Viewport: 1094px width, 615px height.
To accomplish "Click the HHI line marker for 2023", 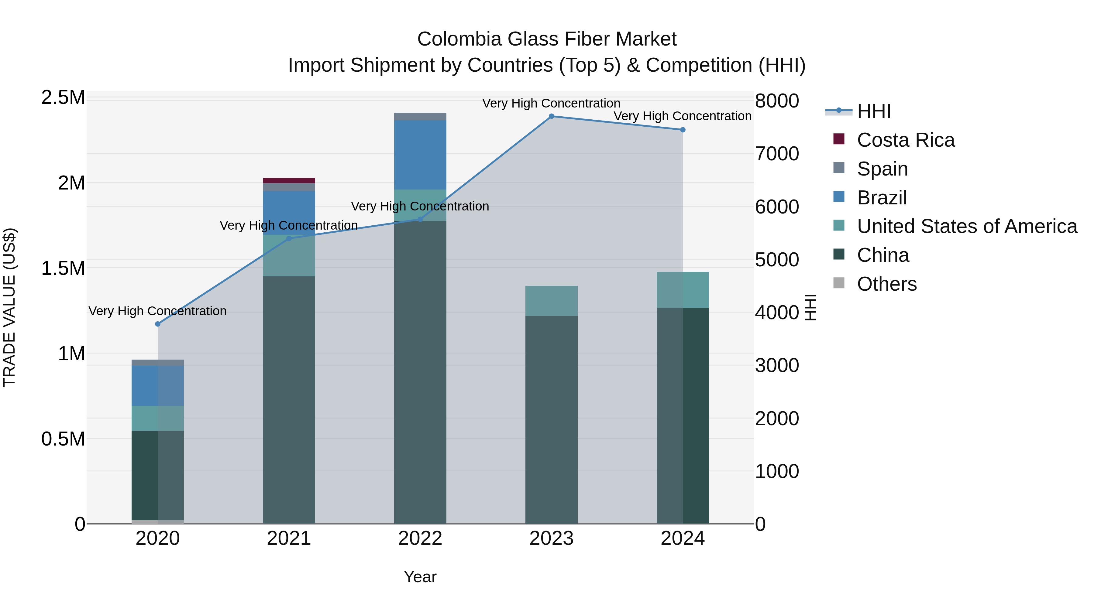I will click(551, 116).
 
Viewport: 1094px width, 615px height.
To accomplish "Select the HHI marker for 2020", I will click(157, 324).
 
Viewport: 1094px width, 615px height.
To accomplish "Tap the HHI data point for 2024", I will click(683, 130).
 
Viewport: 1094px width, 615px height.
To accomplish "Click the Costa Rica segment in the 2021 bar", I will click(289, 180).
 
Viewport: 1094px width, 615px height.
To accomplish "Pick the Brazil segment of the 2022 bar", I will click(420, 155).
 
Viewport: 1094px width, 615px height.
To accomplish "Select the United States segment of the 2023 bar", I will click(551, 300).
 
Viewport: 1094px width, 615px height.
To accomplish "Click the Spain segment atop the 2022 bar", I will click(420, 116).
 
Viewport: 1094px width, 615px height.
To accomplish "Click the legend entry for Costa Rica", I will click(905, 140).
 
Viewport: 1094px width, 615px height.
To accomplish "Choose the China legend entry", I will click(882, 255).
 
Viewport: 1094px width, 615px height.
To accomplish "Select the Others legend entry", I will click(886, 284).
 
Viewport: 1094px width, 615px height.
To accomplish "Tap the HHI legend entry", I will click(873, 111).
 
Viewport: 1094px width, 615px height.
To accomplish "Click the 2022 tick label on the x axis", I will click(420, 538).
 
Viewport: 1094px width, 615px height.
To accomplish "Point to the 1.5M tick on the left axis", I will click(63, 268).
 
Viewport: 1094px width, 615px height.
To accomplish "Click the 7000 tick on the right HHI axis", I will click(777, 154).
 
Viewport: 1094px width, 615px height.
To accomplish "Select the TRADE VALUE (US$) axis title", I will click(9, 307).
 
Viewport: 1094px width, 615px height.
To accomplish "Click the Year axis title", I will click(420, 577).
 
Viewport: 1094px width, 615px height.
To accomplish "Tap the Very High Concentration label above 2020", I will click(157, 311).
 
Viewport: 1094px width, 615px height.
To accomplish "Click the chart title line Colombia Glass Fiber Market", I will click(547, 39).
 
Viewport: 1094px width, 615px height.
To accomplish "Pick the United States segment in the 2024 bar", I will click(683, 290).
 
